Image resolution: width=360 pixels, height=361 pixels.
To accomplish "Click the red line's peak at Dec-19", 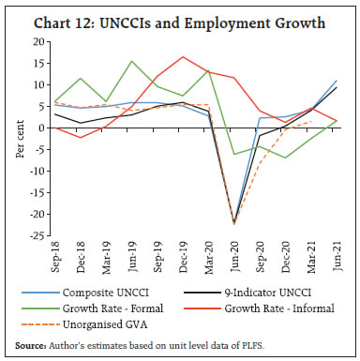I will point(183,56).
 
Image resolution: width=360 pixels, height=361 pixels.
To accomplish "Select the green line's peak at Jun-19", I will point(131,61).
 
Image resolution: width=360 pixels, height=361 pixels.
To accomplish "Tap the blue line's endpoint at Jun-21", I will point(337,81).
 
